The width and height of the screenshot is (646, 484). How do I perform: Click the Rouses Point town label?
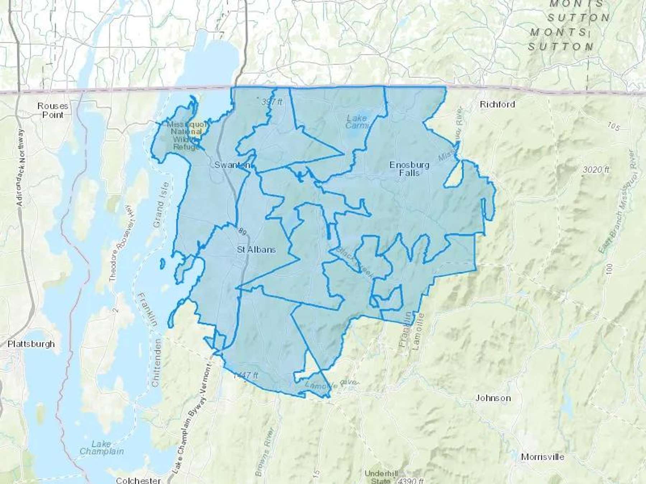53,110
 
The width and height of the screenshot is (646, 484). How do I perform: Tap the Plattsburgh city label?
31,344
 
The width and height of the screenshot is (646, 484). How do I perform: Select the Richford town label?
497,104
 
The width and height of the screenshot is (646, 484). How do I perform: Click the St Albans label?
256,250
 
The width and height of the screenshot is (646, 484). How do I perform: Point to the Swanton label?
232,165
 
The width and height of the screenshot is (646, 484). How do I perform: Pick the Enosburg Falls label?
409,169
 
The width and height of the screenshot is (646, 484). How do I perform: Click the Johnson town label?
493,398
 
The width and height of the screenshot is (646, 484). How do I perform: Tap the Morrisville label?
542,457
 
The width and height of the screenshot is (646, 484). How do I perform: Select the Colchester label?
138,480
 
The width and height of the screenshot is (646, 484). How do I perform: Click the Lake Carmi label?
357,122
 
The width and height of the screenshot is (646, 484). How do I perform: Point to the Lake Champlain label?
102,448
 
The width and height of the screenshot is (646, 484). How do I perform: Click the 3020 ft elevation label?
596,169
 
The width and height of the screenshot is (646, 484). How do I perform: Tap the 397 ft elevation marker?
272,102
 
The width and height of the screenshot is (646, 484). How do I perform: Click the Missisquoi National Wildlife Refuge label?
187,136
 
